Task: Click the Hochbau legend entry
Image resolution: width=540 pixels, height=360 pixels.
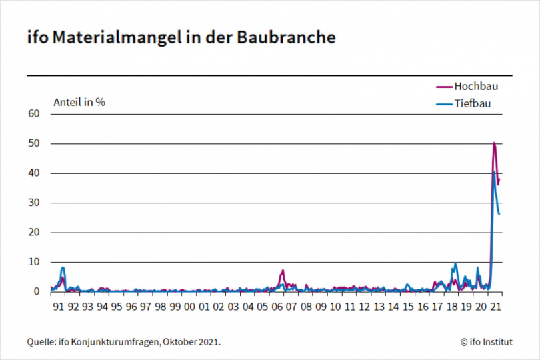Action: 476,86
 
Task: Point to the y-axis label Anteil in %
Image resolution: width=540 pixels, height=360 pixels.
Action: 79,102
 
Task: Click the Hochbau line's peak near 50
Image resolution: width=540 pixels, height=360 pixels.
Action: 494,143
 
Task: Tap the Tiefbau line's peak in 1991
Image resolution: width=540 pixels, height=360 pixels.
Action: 63,268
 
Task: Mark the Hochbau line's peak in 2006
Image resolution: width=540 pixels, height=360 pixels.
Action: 283,271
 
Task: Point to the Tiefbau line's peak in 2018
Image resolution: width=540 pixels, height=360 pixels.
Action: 455,264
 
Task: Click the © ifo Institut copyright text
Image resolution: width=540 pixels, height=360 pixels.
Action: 486,342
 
